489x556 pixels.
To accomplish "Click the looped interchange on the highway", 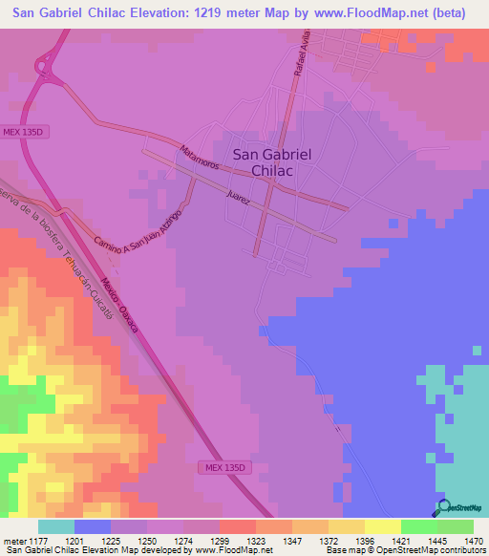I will point(43,66).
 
